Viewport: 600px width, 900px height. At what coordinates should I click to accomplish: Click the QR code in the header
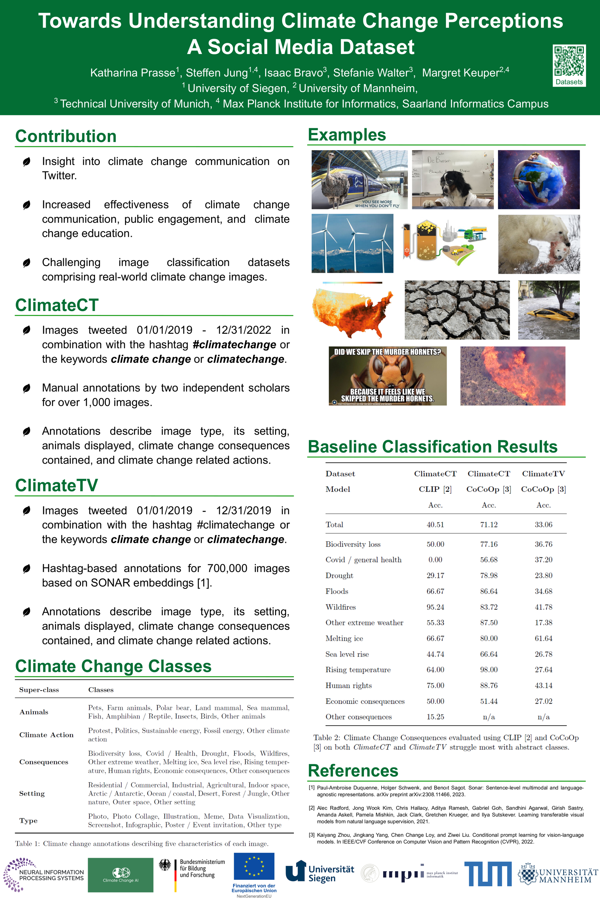[x=569, y=61]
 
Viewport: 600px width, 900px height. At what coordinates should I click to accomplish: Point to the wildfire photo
[x=512, y=376]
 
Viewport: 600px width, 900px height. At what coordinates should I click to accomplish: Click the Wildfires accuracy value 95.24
[x=435, y=607]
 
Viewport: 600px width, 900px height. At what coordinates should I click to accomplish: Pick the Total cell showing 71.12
[x=489, y=524]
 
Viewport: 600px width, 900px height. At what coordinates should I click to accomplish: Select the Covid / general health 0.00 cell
[x=435, y=560]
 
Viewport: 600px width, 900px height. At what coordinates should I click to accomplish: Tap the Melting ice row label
[x=344, y=638]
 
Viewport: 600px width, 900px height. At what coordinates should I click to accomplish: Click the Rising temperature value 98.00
[x=489, y=670]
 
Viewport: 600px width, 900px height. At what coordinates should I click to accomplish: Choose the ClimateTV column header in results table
[x=543, y=473]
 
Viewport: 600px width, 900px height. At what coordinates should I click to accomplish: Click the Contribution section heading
[x=66, y=136]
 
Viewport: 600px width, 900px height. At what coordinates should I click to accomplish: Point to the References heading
[x=353, y=770]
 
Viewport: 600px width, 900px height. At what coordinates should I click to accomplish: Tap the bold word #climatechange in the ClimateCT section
[x=234, y=345]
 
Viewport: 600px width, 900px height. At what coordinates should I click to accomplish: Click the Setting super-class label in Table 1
[x=32, y=793]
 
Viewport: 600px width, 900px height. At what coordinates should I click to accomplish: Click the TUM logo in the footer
[x=487, y=874]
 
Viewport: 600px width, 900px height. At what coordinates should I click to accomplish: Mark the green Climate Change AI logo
[x=121, y=874]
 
